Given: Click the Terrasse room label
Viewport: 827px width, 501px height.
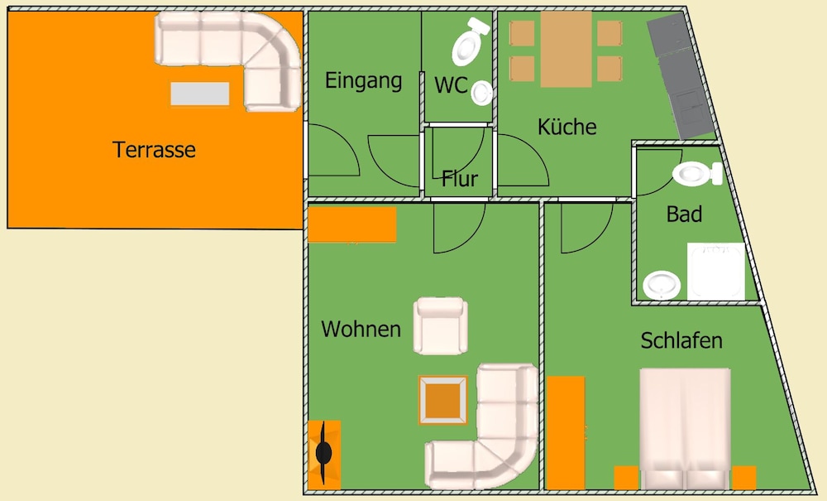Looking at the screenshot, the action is click(154, 150).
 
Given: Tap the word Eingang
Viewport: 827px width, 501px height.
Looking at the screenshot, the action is click(363, 81).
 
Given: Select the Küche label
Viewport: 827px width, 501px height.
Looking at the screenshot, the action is click(567, 127).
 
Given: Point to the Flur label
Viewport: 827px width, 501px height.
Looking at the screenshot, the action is click(459, 179).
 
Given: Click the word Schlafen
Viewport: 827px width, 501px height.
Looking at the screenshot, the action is click(681, 340).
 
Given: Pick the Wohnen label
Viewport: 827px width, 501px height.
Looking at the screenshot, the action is click(361, 329).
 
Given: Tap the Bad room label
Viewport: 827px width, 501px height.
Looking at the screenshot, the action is click(684, 214).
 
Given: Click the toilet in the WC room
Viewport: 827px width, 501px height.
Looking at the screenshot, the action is click(470, 41).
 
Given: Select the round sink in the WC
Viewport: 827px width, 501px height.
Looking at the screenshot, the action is click(481, 94).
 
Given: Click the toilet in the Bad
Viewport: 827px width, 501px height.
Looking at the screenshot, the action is click(697, 174).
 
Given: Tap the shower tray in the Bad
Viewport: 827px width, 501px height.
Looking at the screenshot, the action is click(715, 272).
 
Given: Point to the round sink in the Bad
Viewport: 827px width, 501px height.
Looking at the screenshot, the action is click(662, 285).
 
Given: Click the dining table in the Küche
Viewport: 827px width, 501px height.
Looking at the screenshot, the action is click(566, 49).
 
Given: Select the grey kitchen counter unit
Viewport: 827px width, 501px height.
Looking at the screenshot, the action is click(681, 76).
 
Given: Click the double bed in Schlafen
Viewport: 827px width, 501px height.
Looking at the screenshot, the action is click(685, 429).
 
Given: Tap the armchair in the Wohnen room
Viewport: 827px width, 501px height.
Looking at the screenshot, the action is click(441, 325).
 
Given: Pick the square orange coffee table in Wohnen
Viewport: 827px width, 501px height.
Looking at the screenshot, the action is click(443, 400).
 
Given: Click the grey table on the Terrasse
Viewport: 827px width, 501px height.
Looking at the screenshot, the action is click(200, 94).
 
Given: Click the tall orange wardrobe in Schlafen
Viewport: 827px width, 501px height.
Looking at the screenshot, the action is click(566, 433).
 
